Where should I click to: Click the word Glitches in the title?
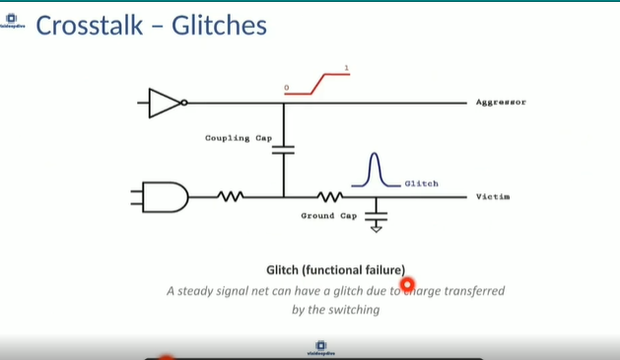pos(219,25)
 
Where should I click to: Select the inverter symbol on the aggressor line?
pos(166,103)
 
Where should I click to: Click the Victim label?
pos(493,197)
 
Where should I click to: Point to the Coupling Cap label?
pos(239,138)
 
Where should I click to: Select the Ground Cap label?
pos(329,215)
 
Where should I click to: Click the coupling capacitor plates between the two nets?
pos(283,151)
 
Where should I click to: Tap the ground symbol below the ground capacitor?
pos(376,228)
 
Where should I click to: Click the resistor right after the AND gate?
pos(230,197)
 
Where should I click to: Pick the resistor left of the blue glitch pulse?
pos(329,197)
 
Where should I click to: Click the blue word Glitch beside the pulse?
pos(421,183)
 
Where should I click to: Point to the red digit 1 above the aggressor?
pos(346,68)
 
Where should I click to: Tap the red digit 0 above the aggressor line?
pos(287,88)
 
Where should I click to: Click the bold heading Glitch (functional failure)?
pos(335,270)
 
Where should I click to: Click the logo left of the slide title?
pos(15,23)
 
